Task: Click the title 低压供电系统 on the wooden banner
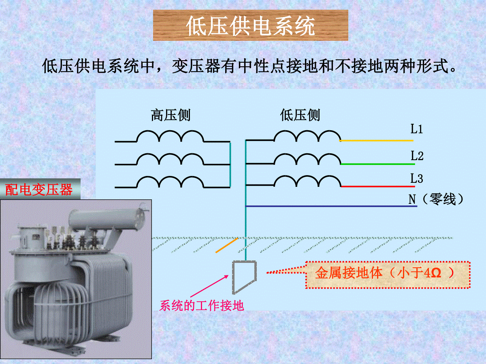(250, 26)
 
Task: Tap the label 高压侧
(171, 115)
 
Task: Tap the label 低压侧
(300, 115)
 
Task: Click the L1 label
(416, 129)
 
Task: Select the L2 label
(417, 156)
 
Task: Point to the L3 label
(417, 178)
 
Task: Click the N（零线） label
(435, 199)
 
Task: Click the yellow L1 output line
(377, 141)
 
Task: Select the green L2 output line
(378, 164)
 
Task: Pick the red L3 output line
(378, 187)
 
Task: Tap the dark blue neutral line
(331, 206)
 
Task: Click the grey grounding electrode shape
(233, 277)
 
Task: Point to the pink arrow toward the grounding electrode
(209, 286)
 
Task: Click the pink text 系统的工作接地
(201, 306)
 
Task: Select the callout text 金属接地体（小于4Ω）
(385, 273)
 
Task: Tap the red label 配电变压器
(39, 190)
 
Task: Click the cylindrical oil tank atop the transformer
(109, 218)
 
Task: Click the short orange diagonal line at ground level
(227, 245)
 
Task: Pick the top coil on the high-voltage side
(170, 136)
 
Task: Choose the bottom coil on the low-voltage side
(307, 181)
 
